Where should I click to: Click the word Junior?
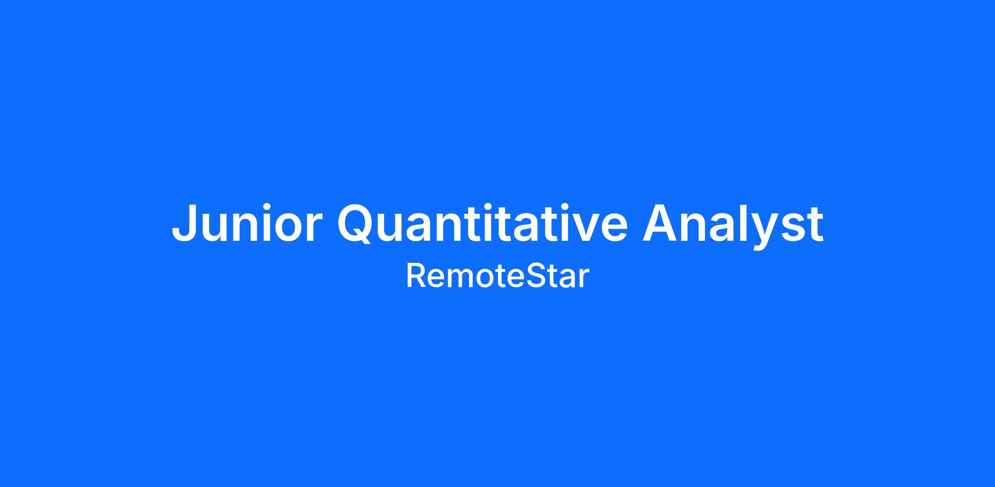(247, 222)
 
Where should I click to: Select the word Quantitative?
(483, 222)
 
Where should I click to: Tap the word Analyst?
(733, 226)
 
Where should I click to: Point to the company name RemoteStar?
(498, 277)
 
